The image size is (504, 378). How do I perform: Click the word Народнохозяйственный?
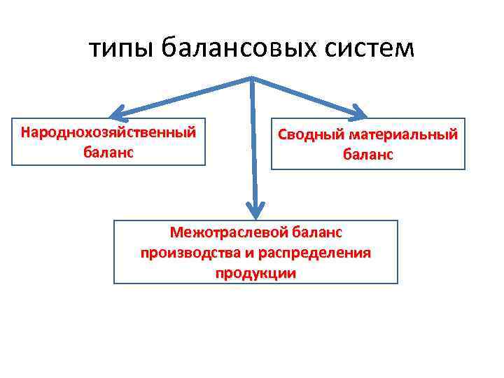(x=108, y=132)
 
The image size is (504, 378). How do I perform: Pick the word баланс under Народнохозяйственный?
(x=108, y=150)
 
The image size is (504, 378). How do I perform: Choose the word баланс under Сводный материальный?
(x=367, y=154)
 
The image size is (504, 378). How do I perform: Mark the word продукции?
(x=255, y=273)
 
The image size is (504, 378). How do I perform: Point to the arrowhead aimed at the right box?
(x=358, y=111)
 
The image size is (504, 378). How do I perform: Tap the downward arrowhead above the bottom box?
(x=256, y=209)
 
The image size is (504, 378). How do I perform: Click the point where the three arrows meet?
(x=252, y=79)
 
